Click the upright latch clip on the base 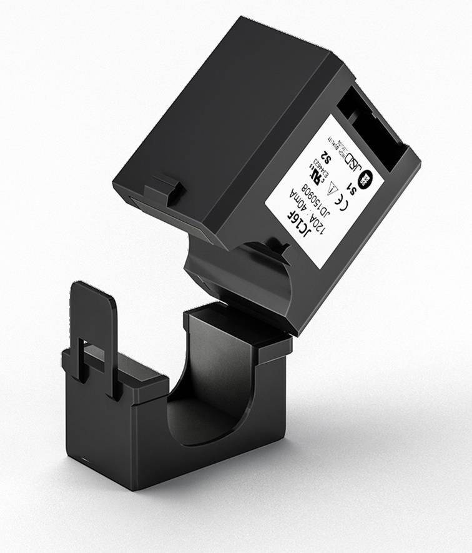coord(94,331)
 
